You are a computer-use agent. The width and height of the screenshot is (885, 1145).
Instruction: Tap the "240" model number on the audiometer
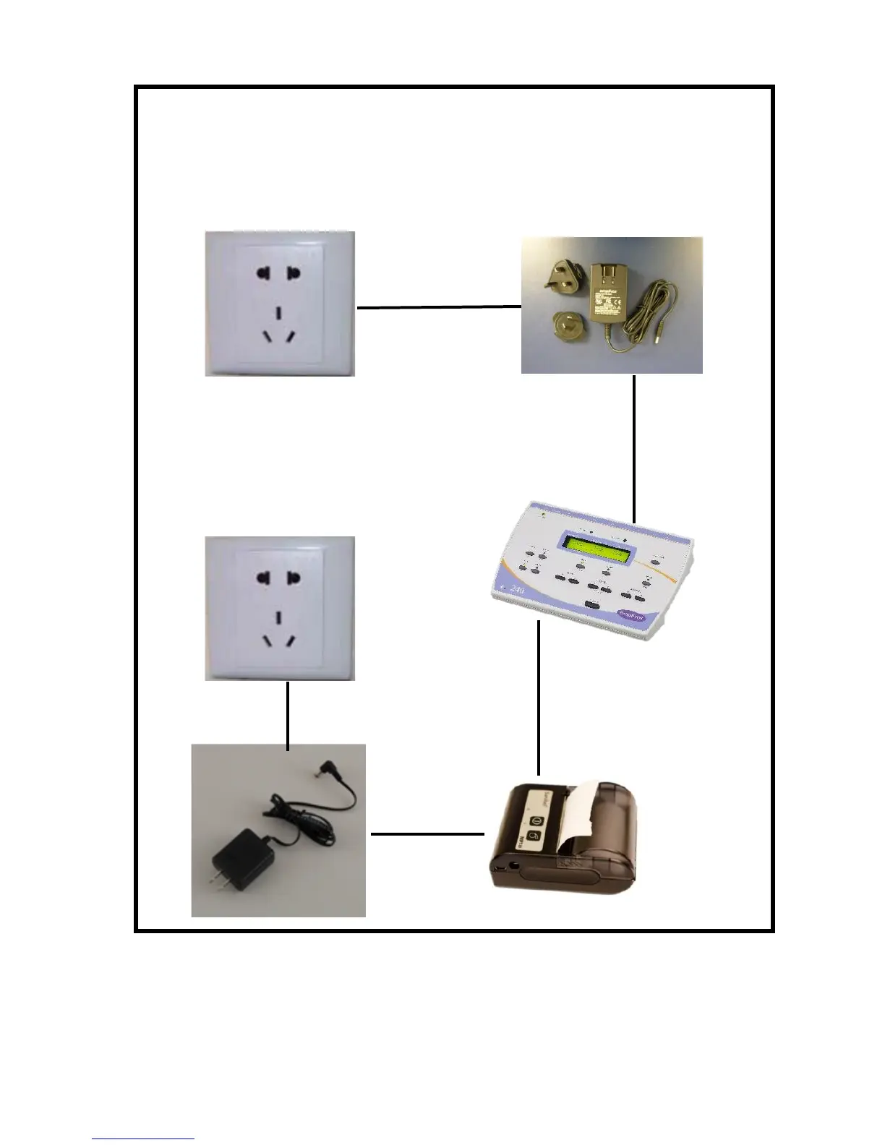(517, 590)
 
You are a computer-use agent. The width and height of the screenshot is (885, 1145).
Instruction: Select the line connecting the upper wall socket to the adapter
(438, 307)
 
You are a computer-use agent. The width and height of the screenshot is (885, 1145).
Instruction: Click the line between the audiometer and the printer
(539, 698)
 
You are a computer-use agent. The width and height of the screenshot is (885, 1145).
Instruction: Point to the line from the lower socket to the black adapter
(288, 714)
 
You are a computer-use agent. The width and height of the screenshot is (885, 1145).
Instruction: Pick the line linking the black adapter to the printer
(427, 834)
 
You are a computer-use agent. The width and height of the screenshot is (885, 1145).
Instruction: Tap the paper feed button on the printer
(534, 836)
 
